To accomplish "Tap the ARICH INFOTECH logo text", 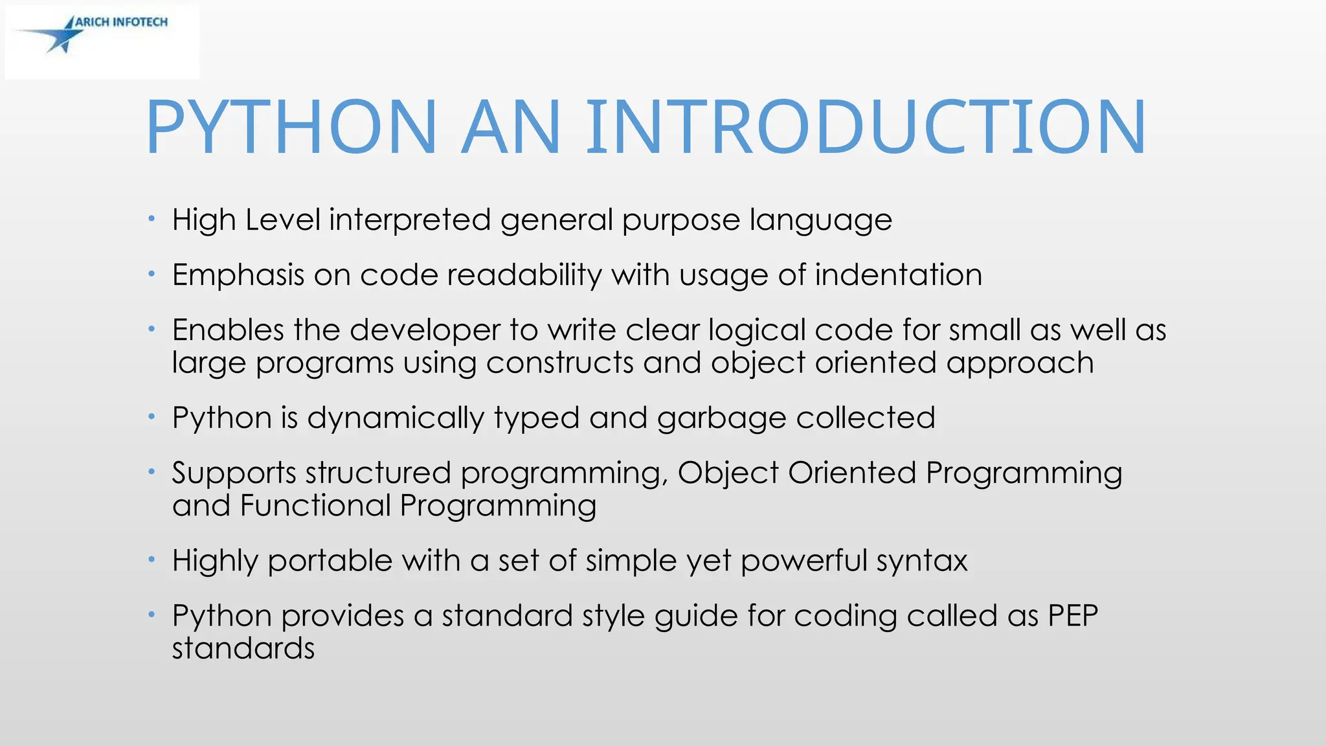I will (x=121, y=22).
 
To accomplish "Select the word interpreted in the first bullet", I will (x=409, y=220).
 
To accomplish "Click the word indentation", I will (x=898, y=275).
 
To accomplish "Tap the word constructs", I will (x=559, y=363).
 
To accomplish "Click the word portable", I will (x=330, y=561).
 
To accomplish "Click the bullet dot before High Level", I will (x=151, y=219).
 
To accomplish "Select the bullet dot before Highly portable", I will (x=151, y=559).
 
